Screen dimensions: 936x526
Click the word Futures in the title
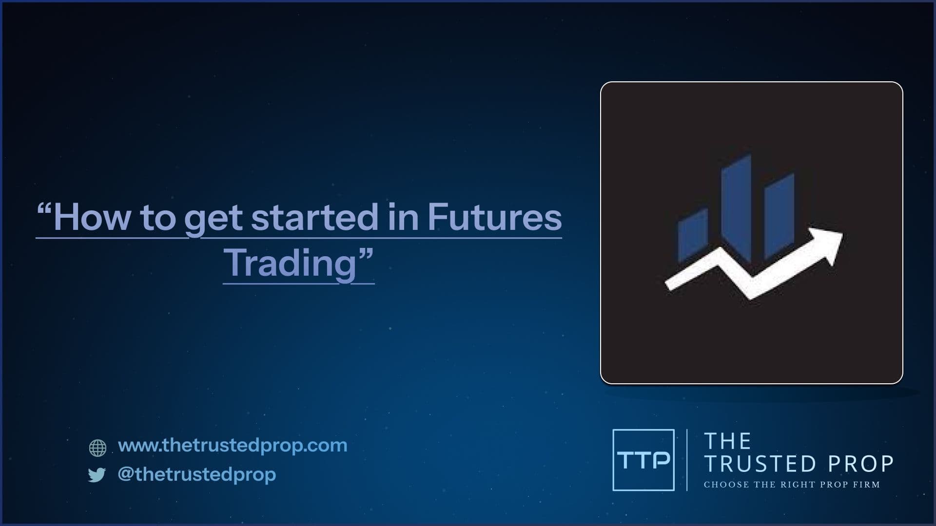tap(495, 217)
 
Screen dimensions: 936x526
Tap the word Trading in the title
tap(291, 263)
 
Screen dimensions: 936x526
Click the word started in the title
tap(315, 217)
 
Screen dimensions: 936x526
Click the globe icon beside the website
tap(97, 448)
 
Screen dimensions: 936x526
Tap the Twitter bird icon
tap(97, 475)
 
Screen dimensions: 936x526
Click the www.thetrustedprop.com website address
tap(233, 445)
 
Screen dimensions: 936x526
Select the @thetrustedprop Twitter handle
tap(197, 474)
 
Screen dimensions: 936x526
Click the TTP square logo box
tap(643, 460)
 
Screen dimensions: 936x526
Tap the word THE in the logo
tap(728, 441)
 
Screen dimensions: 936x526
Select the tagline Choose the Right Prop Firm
tap(792, 485)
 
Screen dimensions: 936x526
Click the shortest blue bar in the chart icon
tap(693, 236)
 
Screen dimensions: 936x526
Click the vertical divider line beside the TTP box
tap(687, 460)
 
